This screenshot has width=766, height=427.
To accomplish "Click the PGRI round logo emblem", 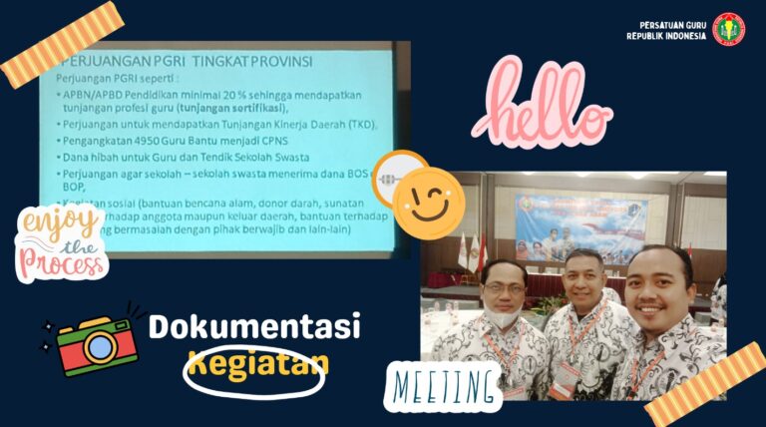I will pos(729,28).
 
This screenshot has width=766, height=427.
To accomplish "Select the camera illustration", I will pos(95,341).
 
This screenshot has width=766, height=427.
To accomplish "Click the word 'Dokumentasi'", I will pos(254,327).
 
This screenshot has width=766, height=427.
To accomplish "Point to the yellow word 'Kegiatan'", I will pos(257,364).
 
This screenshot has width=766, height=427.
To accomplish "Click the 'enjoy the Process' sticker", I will pos(60,242).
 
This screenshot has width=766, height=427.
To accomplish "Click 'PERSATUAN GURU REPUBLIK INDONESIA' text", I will pos(666,30).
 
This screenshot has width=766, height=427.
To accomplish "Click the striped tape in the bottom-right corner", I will pos(704,385).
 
